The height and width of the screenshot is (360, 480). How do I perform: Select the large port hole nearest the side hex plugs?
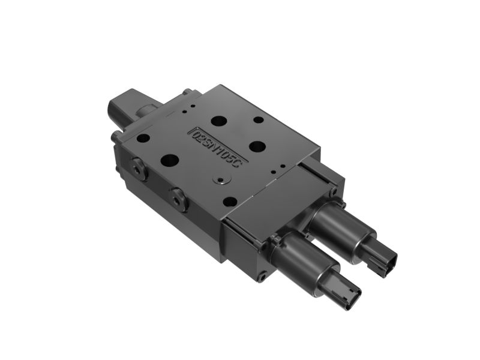coord(170,161)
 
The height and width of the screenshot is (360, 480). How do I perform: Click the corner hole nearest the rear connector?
coord(143,138)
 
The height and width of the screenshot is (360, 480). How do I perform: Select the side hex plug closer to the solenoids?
coord(178,199)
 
